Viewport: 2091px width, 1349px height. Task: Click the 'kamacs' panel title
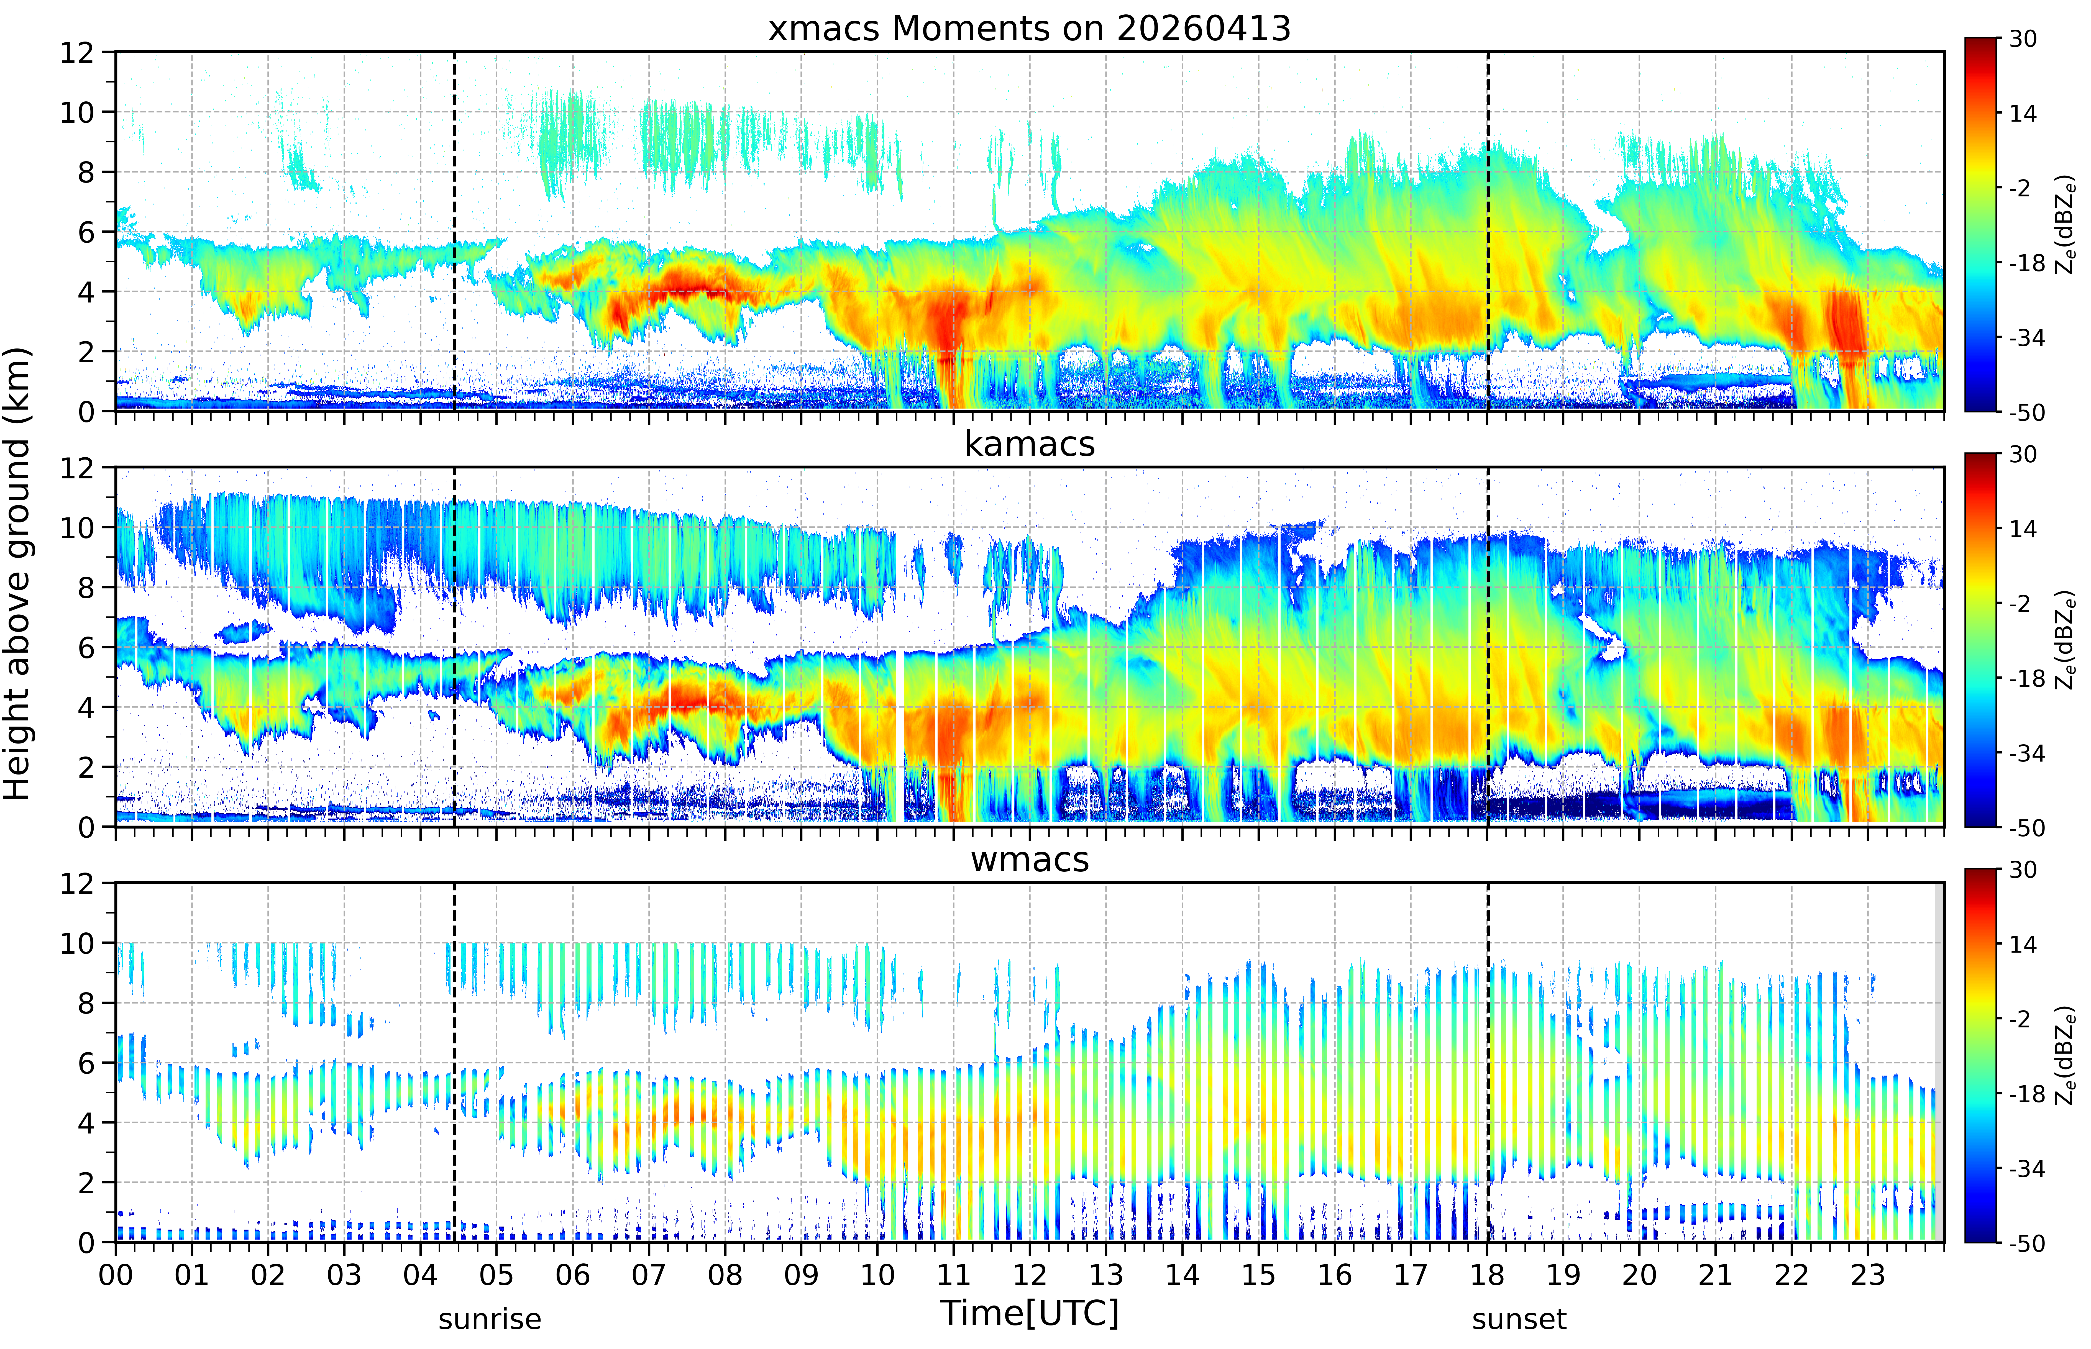pyautogui.click(x=1029, y=444)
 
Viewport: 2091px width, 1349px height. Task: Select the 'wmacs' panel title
pyautogui.click(x=1029, y=859)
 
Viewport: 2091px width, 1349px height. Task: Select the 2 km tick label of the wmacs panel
pyautogui.click(x=86, y=1183)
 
